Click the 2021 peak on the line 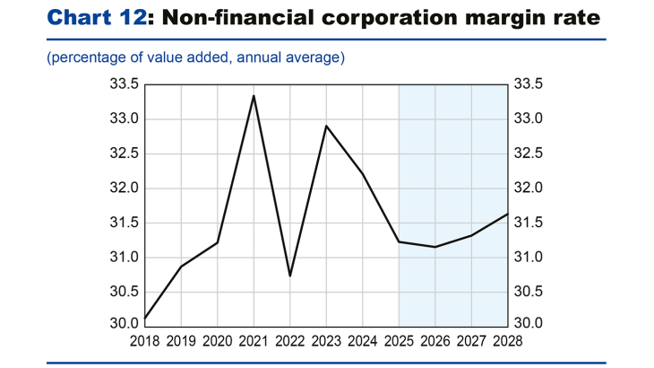point(254,96)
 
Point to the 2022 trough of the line point(289,275)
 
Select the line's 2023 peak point point(326,127)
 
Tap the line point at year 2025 point(399,241)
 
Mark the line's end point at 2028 point(508,214)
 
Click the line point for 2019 point(181,267)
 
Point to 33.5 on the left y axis point(123,84)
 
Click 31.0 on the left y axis point(123,258)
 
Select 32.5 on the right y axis point(530,153)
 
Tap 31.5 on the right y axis point(530,223)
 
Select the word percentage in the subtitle point(86,57)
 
